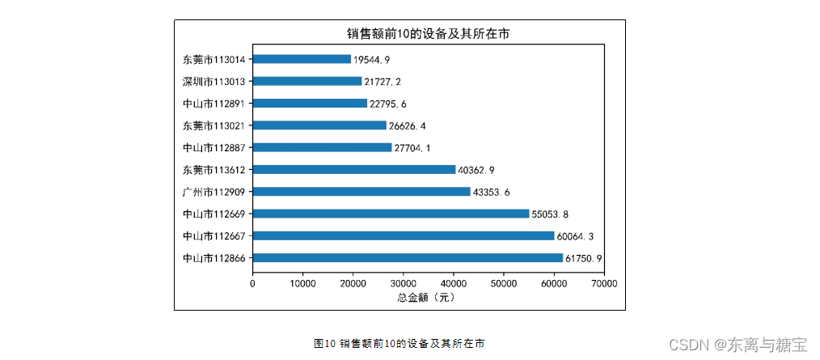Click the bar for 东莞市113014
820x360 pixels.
tap(302, 59)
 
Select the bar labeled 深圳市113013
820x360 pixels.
tap(307, 81)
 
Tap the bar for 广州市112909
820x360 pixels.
tap(361, 192)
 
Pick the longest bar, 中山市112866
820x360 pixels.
tap(408, 258)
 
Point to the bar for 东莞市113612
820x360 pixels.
tap(354, 170)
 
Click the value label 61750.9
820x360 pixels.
tap(584, 258)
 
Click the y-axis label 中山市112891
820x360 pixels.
tap(214, 104)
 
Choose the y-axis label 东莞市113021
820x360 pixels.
tap(214, 125)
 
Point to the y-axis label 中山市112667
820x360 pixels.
tap(214, 236)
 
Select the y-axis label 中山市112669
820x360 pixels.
tap(214, 214)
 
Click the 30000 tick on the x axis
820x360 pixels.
tap(404, 283)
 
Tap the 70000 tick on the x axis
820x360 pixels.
tap(604, 283)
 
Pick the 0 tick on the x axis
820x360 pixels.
tap(253, 283)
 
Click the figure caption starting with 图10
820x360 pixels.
tap(399, 343)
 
